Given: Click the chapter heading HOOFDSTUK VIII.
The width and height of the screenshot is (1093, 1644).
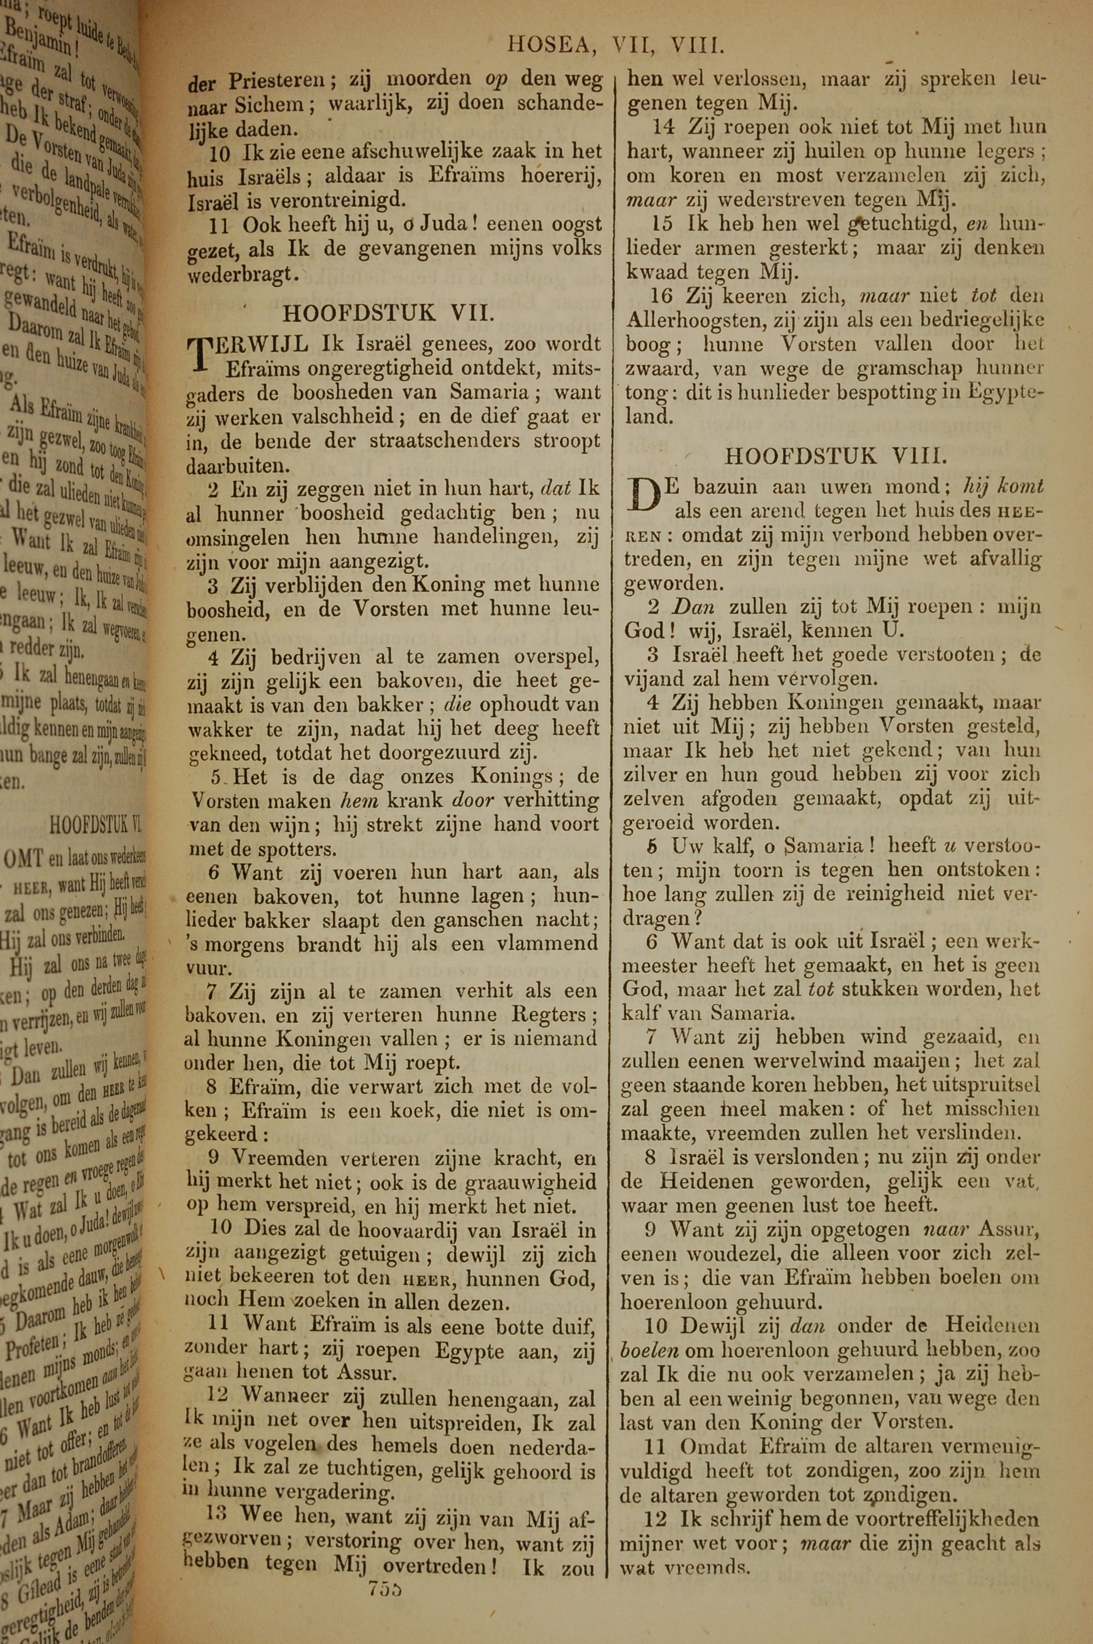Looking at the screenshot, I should [x=836, y=456].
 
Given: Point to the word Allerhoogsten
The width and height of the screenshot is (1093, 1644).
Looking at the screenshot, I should [x=704, y=320].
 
